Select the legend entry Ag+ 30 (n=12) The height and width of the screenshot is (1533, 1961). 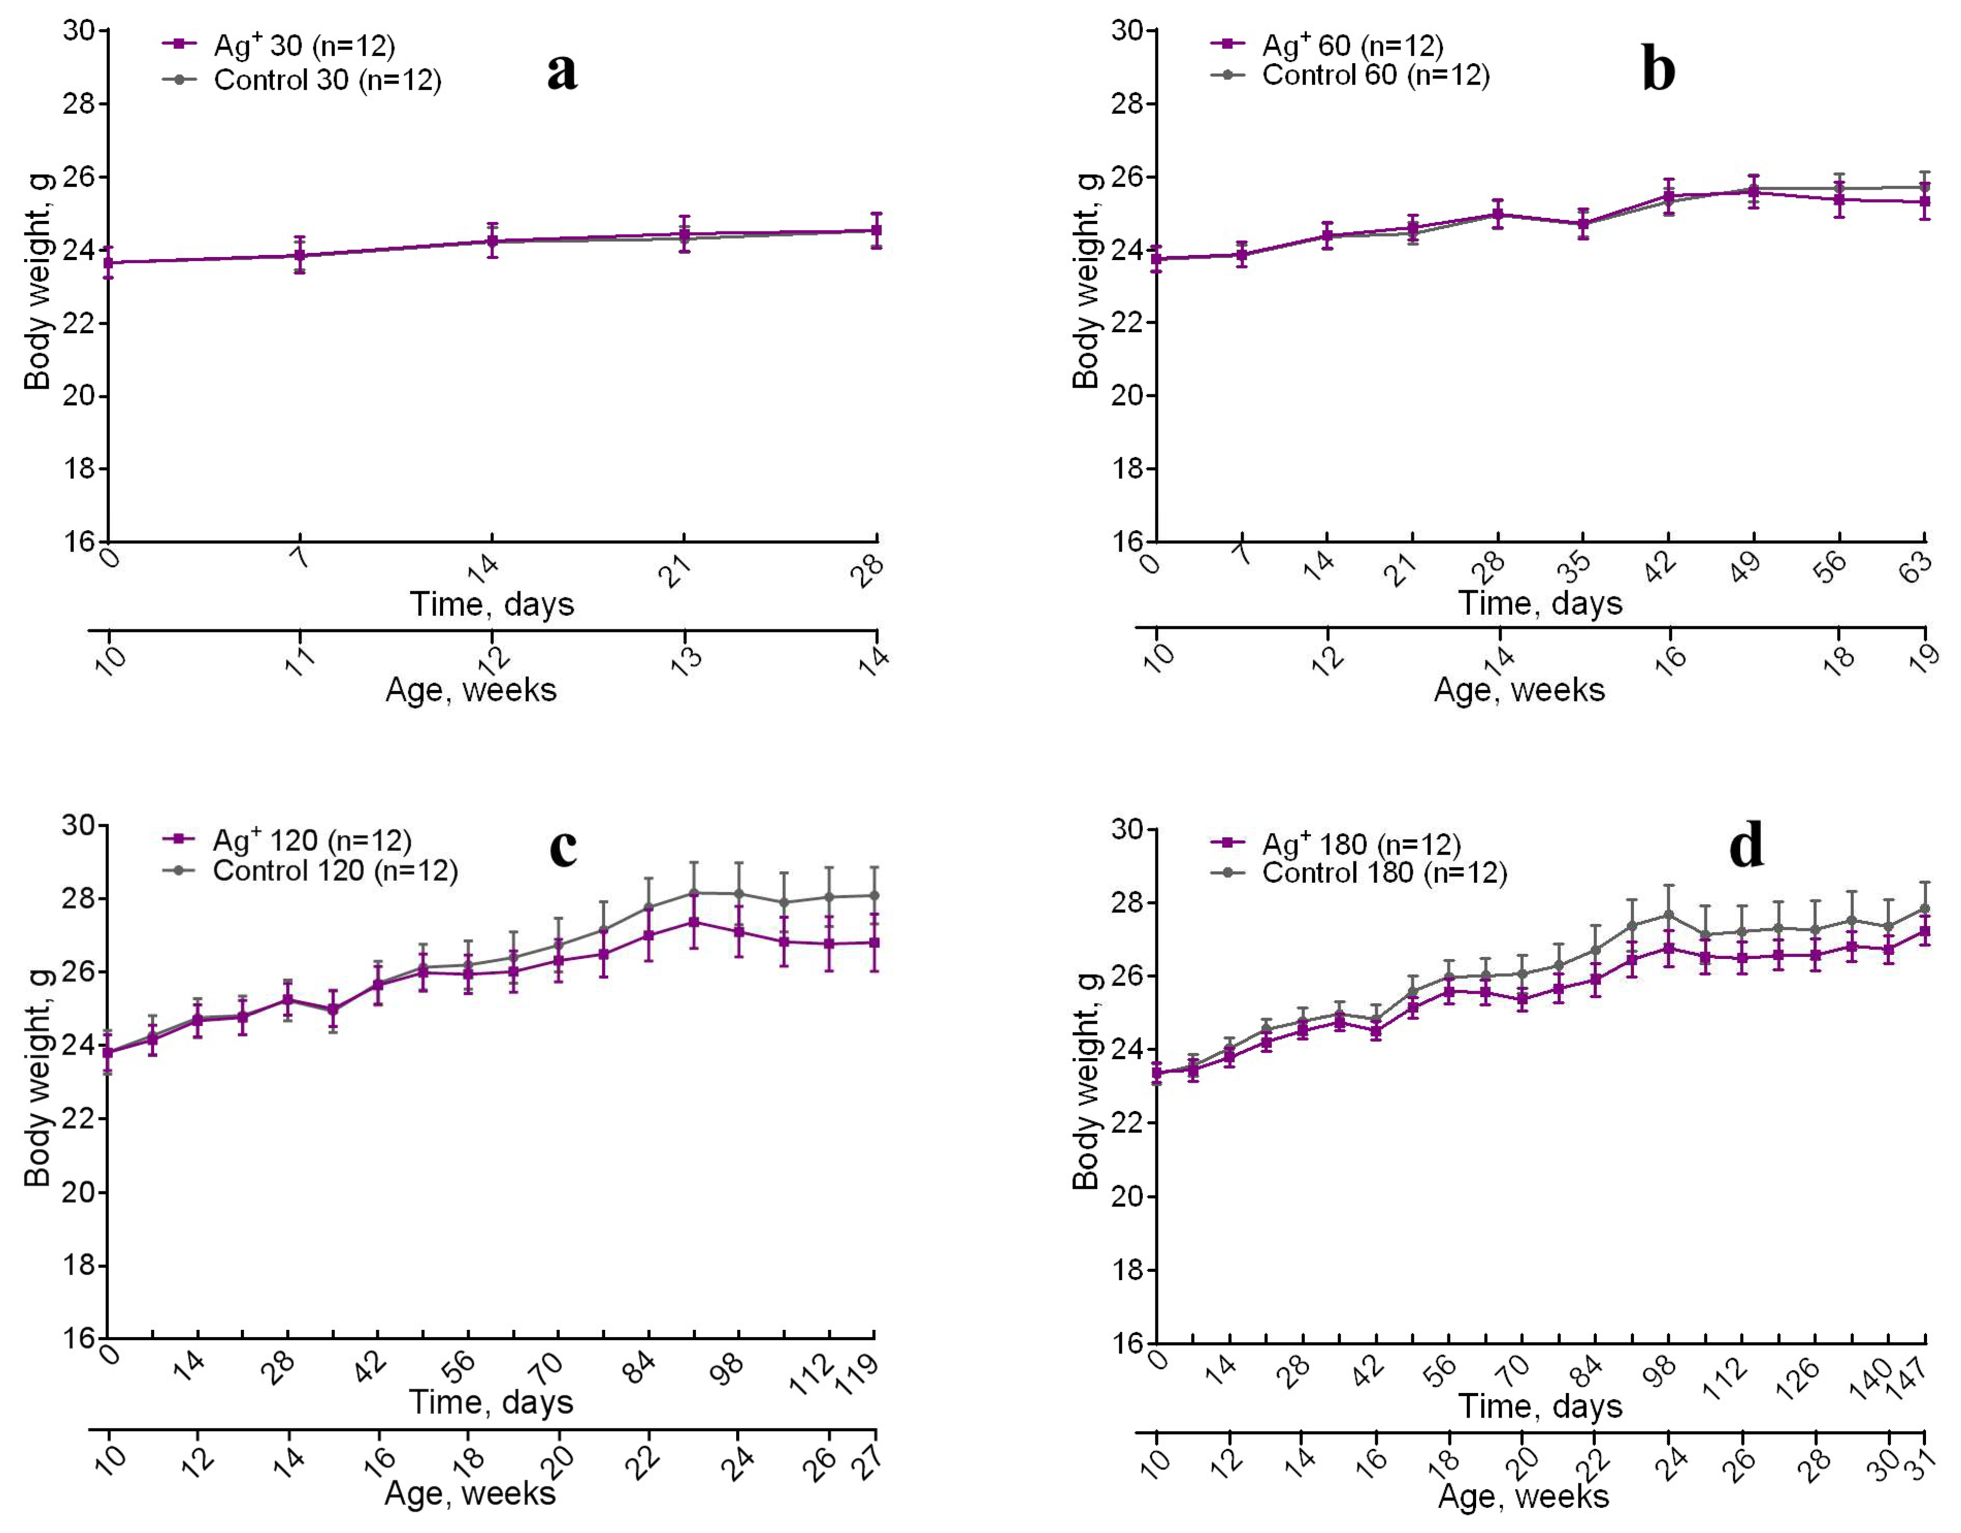pos(304,45)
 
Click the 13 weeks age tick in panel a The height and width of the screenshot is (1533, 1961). pos(687,660)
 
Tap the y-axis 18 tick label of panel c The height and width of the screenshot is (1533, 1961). pos(78,1266)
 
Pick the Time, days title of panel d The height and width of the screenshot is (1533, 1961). pos(1540,1406)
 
